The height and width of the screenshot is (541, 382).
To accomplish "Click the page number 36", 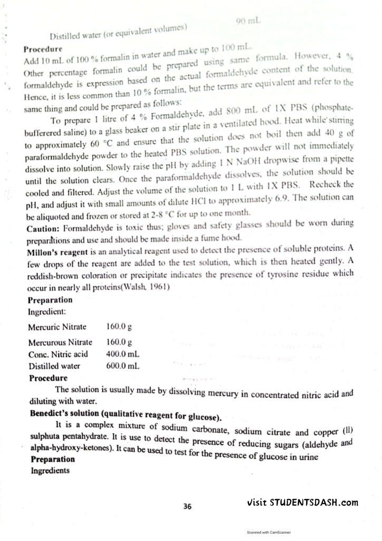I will (x=187, y=506).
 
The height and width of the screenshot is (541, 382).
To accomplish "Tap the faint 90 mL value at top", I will (x=247, y=21).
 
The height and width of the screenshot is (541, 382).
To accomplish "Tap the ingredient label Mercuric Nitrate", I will (x=57, y=327).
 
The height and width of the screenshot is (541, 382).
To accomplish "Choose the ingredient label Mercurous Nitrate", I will (x=60, y=342).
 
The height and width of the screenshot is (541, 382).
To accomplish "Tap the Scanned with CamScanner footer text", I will (x=269, y=533).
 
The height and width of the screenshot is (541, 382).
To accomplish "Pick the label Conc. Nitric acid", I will (x=58, y=354).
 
